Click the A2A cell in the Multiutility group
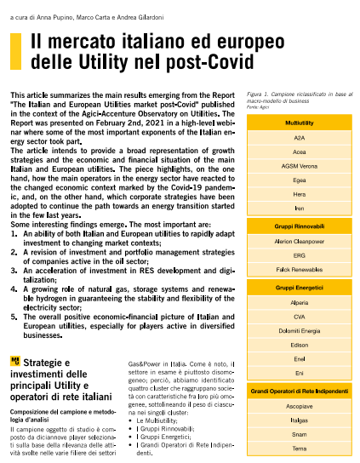299,137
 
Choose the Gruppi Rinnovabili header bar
299,228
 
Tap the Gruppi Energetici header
299,289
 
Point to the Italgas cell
299,420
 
